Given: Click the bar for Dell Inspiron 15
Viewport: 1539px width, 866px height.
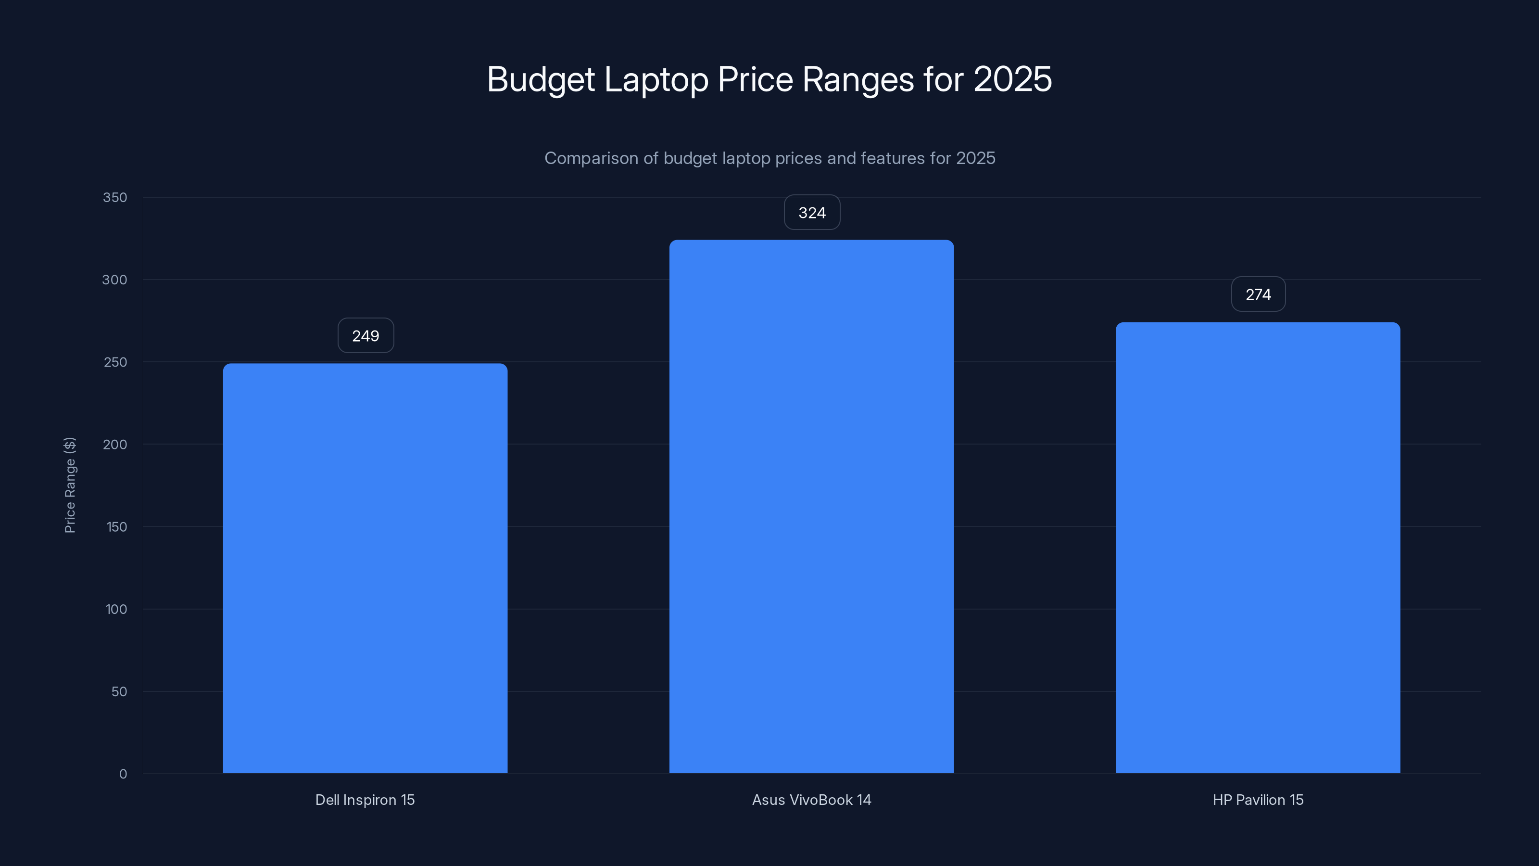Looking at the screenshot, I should [x=365, y=568].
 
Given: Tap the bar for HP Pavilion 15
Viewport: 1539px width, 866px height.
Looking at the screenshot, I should [x=1258, y=548].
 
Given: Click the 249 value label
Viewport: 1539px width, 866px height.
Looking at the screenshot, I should [x=366, y=336].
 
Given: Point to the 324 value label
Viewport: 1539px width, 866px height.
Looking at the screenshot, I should [x=812, y=213].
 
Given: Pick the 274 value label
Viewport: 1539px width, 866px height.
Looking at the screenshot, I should [x=1258, y=294].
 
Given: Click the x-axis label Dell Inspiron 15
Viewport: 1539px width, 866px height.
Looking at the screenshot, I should [x=365, y=800].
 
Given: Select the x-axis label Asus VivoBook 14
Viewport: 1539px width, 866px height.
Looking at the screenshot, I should [x=811, y=800].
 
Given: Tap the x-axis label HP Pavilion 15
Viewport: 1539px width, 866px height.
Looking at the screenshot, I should [x=1258, y=800].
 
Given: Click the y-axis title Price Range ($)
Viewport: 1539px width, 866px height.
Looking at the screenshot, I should [x=70, y=484].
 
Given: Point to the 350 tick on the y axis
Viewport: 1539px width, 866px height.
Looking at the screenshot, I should [x=115, y=197].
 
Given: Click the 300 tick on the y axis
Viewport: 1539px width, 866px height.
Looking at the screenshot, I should [x=115, y=280].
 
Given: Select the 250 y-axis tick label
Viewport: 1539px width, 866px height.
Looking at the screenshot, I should [x=115, y=362].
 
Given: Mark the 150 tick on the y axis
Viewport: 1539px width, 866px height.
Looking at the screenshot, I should [x=116, y=526].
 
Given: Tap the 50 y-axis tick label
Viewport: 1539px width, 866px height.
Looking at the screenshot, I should [x=119, y=691].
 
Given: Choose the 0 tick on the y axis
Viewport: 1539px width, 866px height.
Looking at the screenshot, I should [x=123, y=774].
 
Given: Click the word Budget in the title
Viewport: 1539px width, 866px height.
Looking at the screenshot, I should [x=541, y=79].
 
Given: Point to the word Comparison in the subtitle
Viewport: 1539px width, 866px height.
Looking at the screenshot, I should [x=591, y=158].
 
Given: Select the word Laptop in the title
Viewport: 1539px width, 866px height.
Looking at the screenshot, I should [x=656, y=79].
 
